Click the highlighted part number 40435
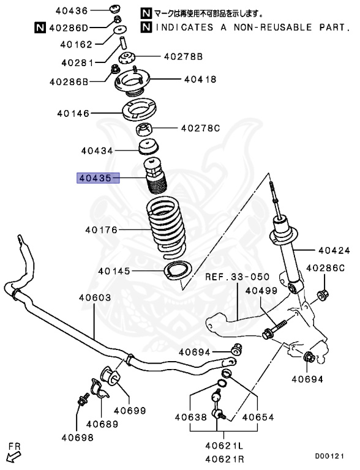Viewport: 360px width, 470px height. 94,178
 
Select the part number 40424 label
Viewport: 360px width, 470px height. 332,250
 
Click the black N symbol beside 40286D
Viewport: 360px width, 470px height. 39,27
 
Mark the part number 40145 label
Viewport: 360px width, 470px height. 115,271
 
